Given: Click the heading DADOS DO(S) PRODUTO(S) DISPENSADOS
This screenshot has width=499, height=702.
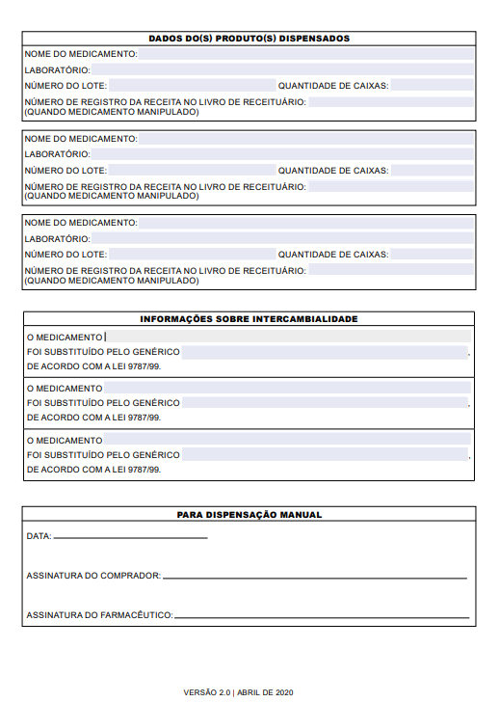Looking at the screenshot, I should click(x=249, y=39).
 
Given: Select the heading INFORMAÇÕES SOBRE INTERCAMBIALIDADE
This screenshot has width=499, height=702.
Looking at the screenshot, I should click(x=249, y=319).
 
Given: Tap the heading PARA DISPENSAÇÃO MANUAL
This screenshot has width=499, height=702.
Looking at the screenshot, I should click(x=249, y=515).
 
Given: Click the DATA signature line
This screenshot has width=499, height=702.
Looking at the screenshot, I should click(x=130, y=536).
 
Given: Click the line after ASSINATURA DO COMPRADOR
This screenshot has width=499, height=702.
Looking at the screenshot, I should click(x=315, y=577).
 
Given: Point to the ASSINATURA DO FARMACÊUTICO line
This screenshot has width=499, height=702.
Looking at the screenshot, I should click(x=322, y=616).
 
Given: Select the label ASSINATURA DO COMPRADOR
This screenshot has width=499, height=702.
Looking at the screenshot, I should click(x=93, y=576).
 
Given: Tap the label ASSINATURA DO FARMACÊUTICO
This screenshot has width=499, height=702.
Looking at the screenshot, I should click(x=99, y=615).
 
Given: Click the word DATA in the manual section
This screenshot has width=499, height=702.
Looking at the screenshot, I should click(x=39, y=535).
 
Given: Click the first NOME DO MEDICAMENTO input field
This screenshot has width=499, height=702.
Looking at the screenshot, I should click(x=306, y=55).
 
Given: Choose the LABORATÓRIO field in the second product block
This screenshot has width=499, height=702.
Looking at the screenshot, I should click(x=282, y=154).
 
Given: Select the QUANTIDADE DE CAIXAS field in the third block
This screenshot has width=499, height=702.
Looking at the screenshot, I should click(x=433, y=255).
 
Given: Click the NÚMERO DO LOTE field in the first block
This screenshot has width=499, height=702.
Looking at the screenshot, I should click(x=191, y=86).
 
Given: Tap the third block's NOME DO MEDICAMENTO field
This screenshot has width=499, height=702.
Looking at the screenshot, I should click(x=306, y=223).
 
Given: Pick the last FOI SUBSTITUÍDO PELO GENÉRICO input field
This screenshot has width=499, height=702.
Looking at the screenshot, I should click(x=324, y=454).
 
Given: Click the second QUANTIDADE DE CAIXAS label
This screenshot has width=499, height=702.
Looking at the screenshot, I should click(x=333, y=171).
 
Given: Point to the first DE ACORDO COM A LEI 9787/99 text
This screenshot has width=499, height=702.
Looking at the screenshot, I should click(x=93, y=367).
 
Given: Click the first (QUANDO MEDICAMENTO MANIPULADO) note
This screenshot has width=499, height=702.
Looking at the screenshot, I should click(x=112, y=112).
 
